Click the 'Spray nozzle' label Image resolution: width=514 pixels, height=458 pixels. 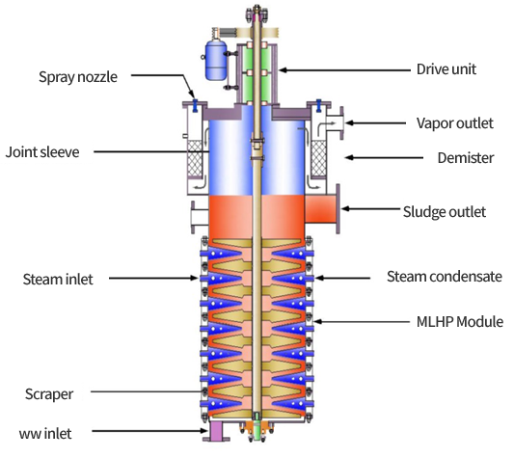coord(78,77)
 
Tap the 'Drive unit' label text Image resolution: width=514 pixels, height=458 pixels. coord(446,69)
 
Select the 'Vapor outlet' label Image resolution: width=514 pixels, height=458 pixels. coord(454,123)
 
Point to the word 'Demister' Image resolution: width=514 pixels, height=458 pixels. coord(466,158)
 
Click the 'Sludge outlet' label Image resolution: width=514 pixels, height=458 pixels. coord(445,212)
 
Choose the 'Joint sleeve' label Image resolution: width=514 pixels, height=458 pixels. coord(42,152)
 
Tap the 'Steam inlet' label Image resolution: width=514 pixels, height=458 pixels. coord(58,280)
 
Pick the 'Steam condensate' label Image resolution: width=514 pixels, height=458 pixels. coord(445,277)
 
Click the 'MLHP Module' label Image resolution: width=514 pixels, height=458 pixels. coord(460,322)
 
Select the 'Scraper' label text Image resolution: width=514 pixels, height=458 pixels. coord(49,394)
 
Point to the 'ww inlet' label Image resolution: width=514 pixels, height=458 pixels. coord(45,434)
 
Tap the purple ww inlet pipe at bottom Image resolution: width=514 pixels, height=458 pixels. coord(216,431)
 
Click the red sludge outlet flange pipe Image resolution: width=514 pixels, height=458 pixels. coord(322,209)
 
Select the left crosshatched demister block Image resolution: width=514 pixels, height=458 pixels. coord(195,158)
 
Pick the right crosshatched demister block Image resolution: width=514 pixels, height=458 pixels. coord(318,158)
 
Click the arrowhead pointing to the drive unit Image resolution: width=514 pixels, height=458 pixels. coord(283,69)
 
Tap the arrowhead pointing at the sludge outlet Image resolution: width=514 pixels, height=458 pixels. coord(345,208)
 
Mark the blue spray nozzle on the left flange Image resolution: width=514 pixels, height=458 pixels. coord(195,104)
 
